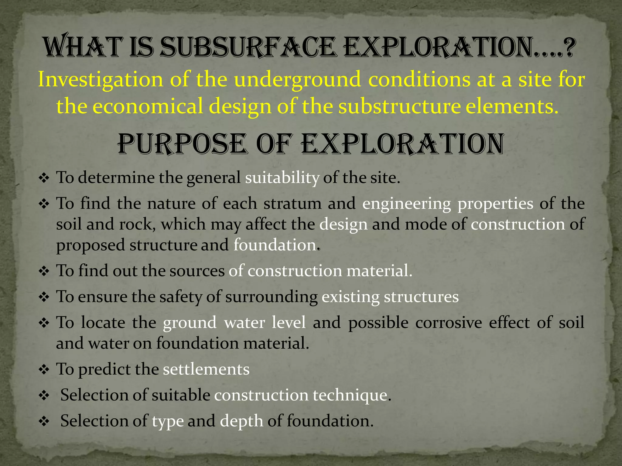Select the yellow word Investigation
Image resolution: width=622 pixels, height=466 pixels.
click(x=101, y=80)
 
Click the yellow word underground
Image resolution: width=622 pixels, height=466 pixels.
click(x=298, y=80)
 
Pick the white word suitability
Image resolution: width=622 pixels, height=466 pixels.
click(x=282, y=178)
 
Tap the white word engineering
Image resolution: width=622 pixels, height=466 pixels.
click(x=407, y=204)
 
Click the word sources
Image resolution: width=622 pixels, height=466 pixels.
click(x=197, y=271)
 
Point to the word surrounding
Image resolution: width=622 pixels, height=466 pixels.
click(x=272, y=297)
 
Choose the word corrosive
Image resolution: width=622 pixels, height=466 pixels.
click(x=449, y=322)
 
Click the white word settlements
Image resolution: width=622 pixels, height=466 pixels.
click(x=206, y=369)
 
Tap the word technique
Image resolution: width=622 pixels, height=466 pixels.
click(x=352, y=395)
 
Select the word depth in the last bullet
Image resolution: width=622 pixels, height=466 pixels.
click(x=241, y=421)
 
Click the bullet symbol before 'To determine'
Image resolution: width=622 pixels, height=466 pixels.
click(x=44, y=178)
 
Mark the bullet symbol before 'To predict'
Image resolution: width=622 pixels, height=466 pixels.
click(x=44, y=370)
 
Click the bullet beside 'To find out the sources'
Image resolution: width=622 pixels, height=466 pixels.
click(x=44, y=271)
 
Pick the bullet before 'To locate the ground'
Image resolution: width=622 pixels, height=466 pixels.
click(x=44, y=323)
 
